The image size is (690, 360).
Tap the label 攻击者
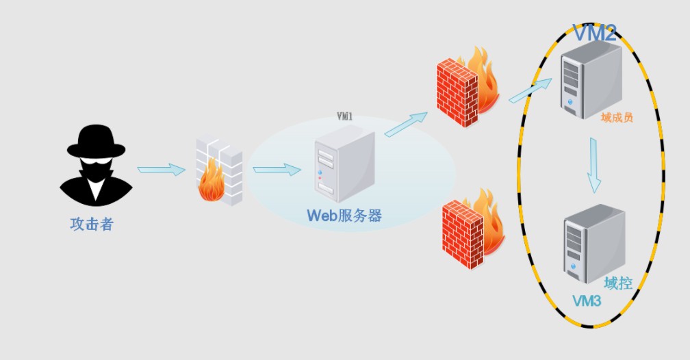92,224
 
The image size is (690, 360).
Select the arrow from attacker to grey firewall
161,170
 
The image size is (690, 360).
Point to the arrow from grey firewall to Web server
277,170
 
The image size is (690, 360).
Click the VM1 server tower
344,163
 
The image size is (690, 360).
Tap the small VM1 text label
344,117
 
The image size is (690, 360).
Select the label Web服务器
344,216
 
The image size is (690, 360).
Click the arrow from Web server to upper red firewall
406,125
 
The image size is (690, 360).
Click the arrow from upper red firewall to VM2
530,90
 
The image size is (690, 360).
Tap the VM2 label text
594,32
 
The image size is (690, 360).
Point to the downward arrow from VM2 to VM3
593,164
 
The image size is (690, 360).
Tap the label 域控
618,283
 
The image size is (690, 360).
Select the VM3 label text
586,301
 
